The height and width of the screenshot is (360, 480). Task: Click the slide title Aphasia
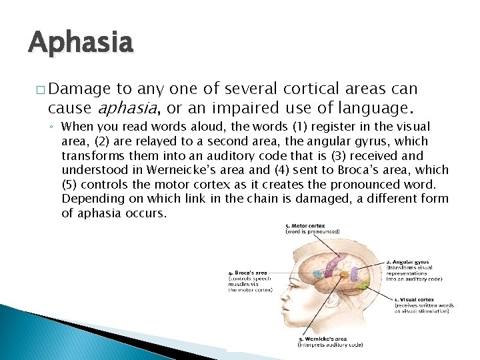pos(81,43)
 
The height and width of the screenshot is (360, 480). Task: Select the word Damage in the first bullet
pos(79,88)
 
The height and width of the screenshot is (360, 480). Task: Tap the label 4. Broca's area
pos(248,273)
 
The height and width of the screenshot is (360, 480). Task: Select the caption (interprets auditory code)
pos(330,345)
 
